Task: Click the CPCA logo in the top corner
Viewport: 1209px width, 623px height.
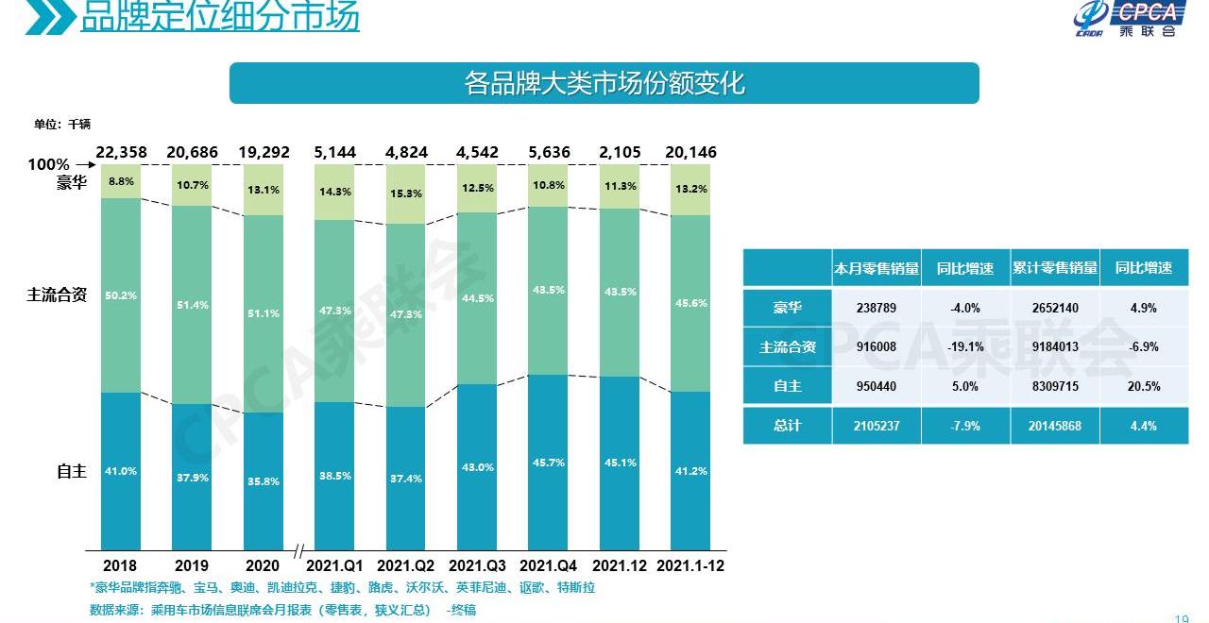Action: pos(1129,19)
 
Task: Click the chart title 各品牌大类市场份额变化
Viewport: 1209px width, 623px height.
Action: pos(604,83)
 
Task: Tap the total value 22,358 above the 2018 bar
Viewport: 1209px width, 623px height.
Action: pos(120,152)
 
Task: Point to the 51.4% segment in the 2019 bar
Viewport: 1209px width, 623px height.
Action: pos(191,305)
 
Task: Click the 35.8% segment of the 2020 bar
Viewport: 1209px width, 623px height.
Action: pos(262,480)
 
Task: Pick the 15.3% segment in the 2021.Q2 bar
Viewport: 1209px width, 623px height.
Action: pos(405,194)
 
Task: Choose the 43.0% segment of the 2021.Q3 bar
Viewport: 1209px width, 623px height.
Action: pos(476,466)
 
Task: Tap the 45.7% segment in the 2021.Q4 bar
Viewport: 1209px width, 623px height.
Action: pos(548,462)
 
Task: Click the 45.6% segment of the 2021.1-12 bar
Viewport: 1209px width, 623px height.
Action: pos(690,303)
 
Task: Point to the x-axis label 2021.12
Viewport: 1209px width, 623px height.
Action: pos(619,565)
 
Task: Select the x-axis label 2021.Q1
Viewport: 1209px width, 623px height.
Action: pos(334,565)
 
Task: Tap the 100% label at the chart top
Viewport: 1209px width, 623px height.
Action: pos(48,164)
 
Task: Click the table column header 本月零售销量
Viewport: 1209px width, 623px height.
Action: pos(876,268)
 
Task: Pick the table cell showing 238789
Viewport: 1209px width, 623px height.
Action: pos(876,308)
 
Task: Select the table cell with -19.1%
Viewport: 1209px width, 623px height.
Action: pos(964,346)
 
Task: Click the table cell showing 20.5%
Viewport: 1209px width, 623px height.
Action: pos(1143,386)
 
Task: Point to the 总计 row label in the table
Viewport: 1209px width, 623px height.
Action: pos(787,426)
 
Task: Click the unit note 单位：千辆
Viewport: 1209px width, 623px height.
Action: pos(61,124)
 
